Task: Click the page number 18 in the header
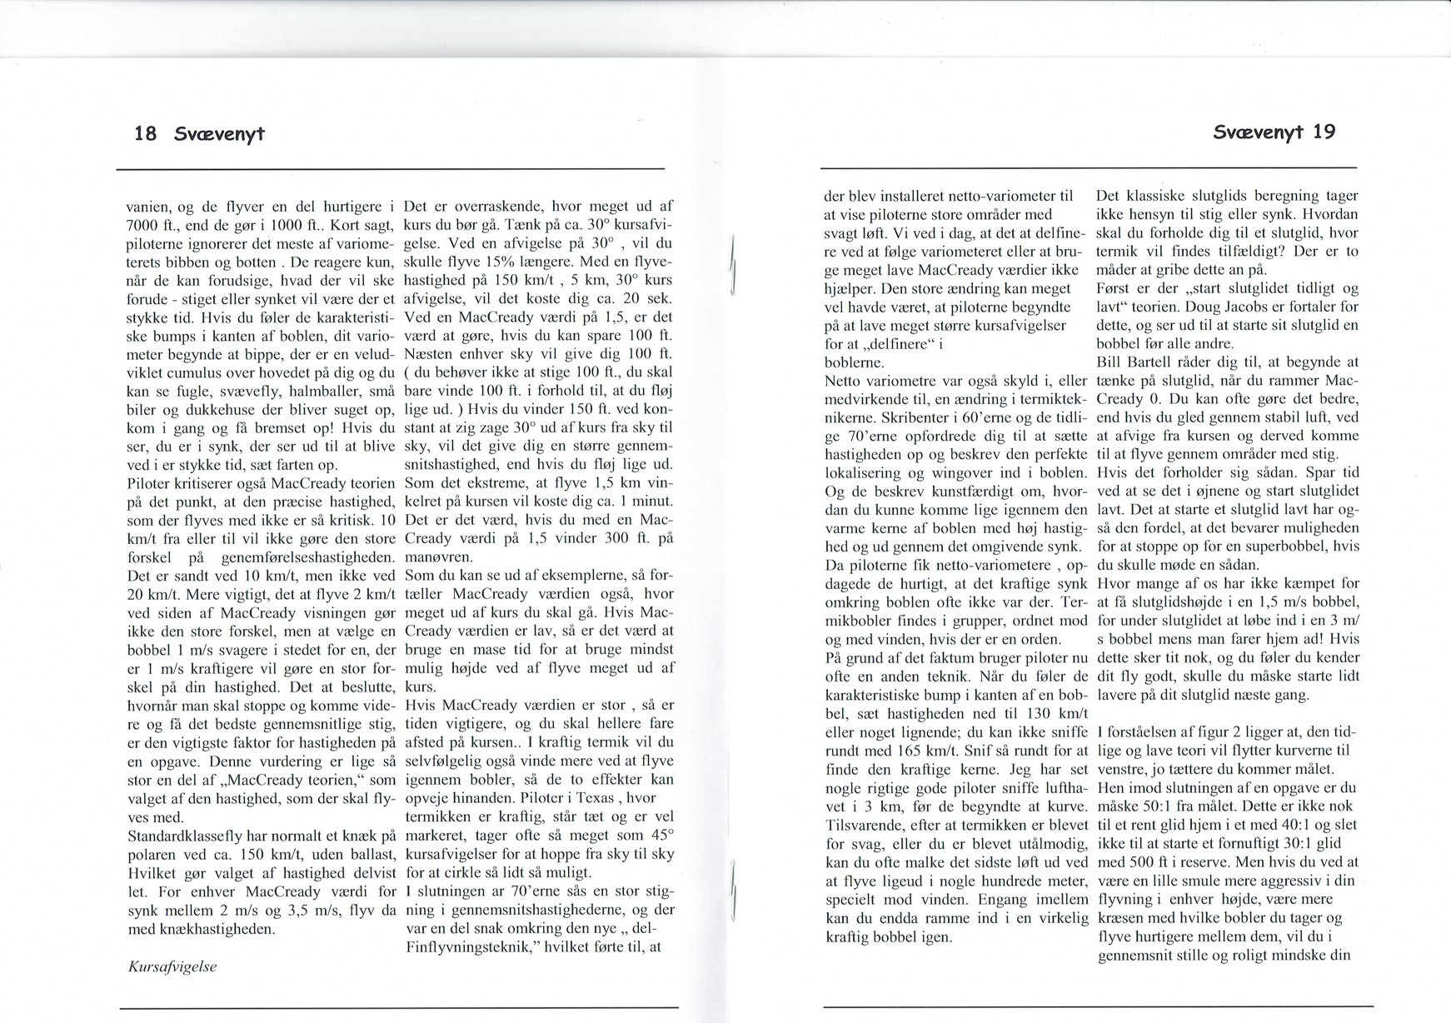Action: click(145, 133)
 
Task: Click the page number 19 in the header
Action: click(1324, 132)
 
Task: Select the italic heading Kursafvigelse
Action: click(172, 966)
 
